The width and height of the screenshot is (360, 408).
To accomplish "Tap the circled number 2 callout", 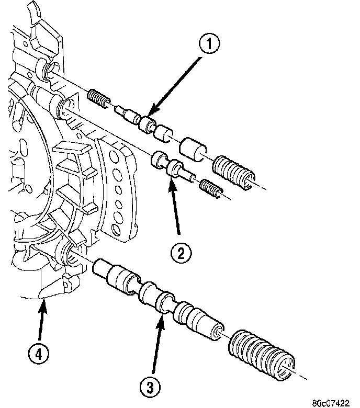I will click(180, 254).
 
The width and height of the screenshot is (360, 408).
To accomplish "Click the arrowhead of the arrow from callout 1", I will click(149, 116).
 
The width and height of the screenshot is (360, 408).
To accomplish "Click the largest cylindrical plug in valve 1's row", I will click(194, 149).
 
